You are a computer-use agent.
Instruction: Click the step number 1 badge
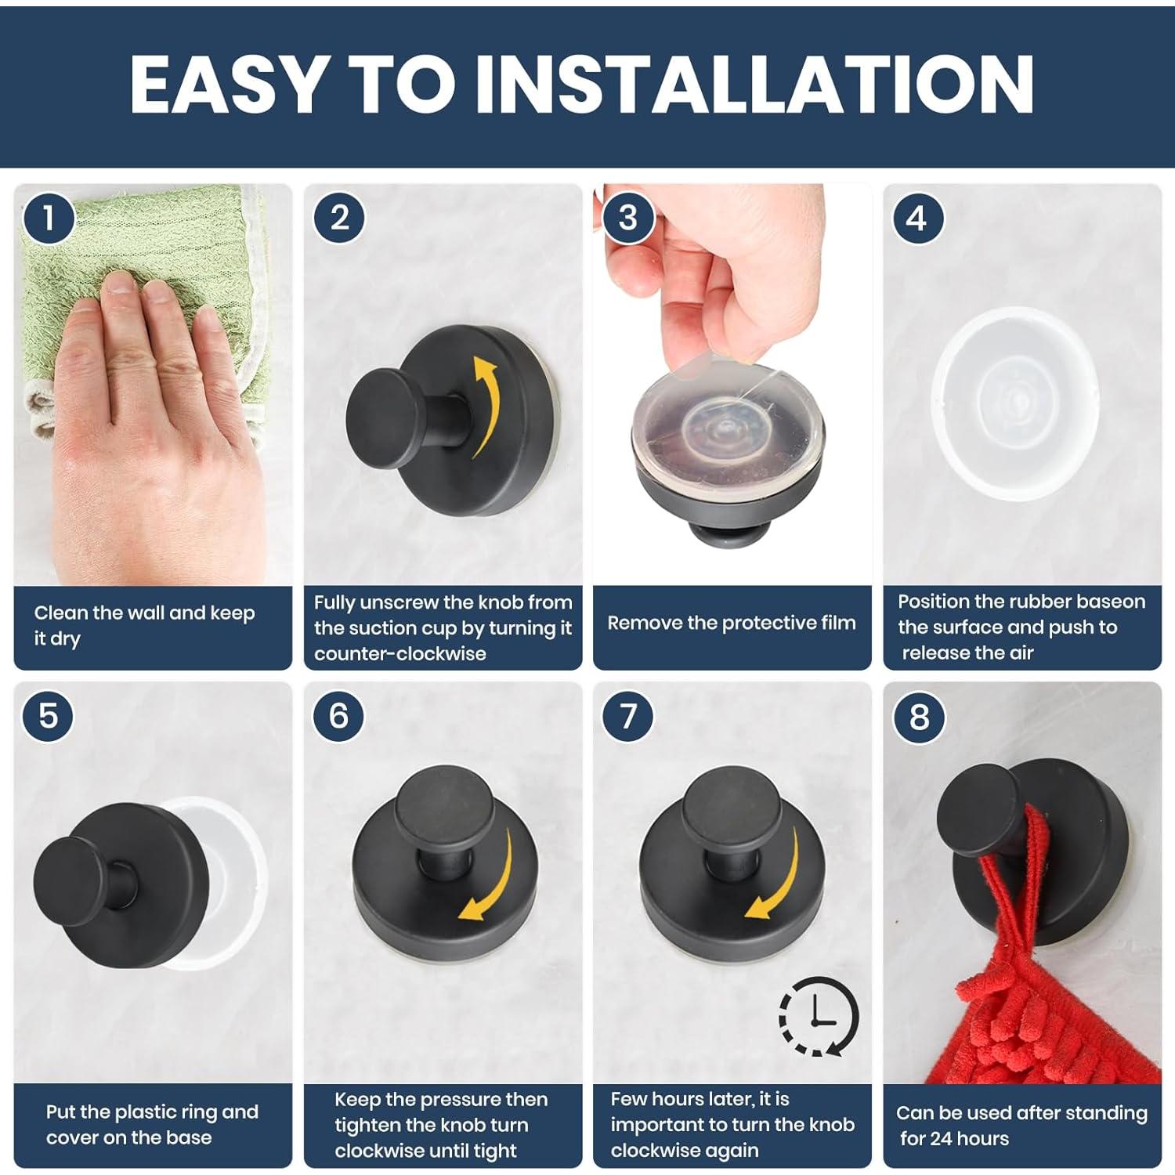49,219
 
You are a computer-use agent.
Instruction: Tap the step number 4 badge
917,219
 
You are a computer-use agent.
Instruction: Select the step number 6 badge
338,716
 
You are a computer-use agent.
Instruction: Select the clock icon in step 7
819,1016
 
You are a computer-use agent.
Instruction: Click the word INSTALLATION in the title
755,84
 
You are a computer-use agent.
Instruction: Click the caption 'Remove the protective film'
732,624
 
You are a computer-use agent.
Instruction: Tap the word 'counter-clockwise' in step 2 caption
400,654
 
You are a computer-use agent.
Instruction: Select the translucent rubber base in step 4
1014,403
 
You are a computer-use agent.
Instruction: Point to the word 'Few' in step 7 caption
629,1099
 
